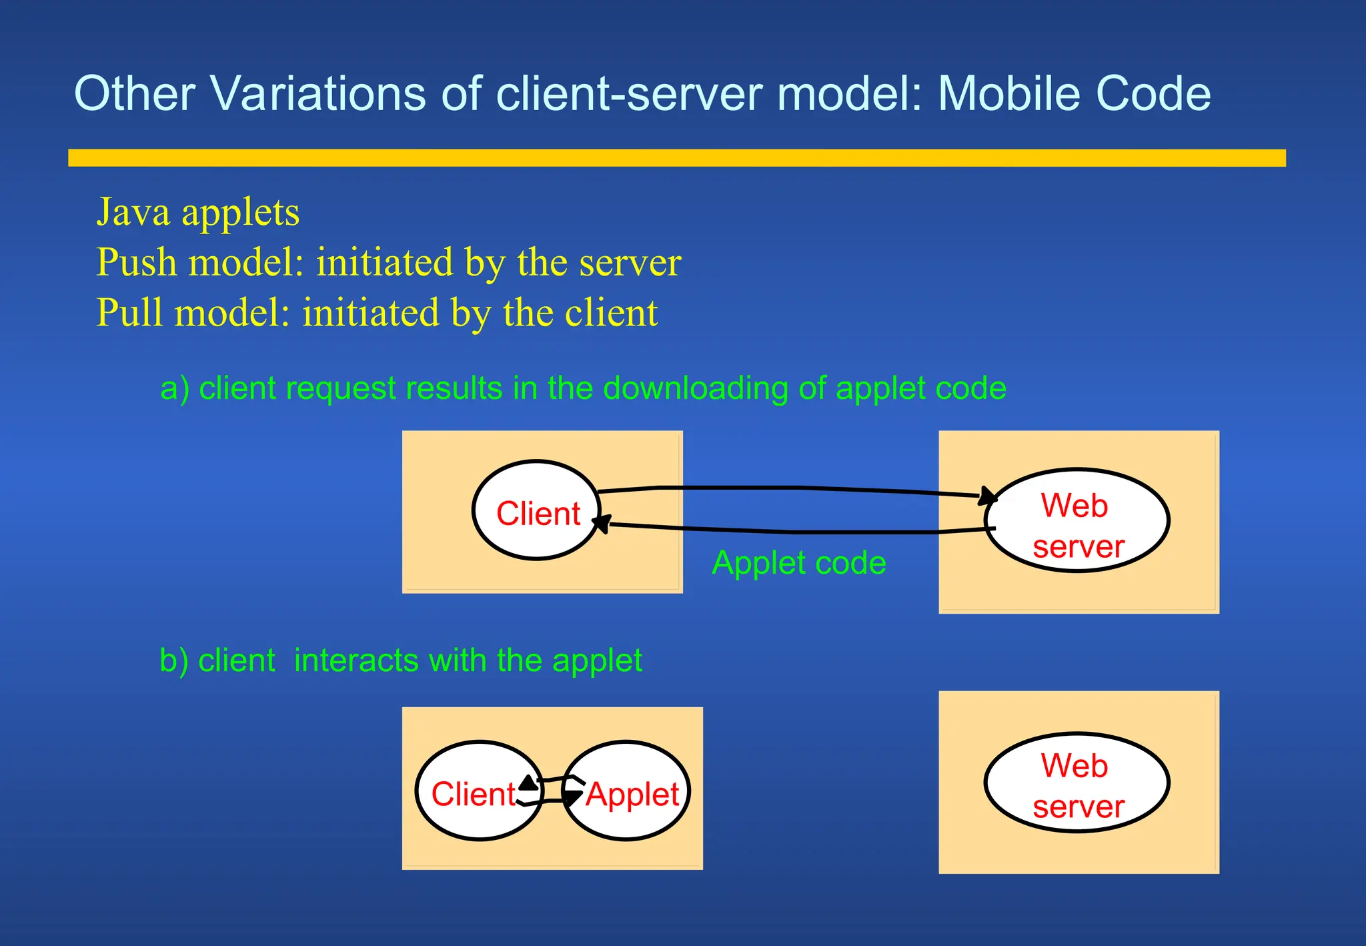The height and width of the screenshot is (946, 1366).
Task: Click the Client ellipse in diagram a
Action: coord(537,510)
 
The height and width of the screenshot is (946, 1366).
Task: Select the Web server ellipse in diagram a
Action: coord(1077,520)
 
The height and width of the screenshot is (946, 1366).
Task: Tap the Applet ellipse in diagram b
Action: coord(627,791)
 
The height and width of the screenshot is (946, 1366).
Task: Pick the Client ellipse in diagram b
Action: coord(479,791)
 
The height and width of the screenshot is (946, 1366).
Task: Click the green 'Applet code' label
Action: coord(798,563)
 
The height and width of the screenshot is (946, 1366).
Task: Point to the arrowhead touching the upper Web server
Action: coord(988,496)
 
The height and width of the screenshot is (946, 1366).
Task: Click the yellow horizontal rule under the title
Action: coord(676,158)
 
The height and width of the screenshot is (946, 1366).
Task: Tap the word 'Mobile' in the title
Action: coord(1010,93)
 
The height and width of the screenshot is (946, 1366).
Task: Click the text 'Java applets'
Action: coord(198,213)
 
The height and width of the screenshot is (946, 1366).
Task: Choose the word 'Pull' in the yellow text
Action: coord(129,313)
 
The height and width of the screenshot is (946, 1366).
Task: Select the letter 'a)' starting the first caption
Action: coord(174,389)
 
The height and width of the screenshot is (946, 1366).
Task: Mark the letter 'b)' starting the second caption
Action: coord(173,661)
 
